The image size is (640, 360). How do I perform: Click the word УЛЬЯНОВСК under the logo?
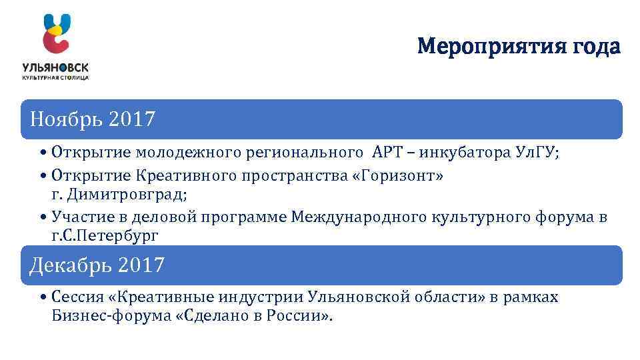[x=55, y=68]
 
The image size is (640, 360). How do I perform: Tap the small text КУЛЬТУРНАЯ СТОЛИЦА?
[x=55, y=77]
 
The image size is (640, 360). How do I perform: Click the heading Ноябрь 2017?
[x=93, y=120]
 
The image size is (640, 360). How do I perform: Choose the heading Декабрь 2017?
[x=97, y=265]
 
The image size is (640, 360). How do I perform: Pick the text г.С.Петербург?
[x=105, y=235]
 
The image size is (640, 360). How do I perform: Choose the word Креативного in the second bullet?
[x=185, y=177]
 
